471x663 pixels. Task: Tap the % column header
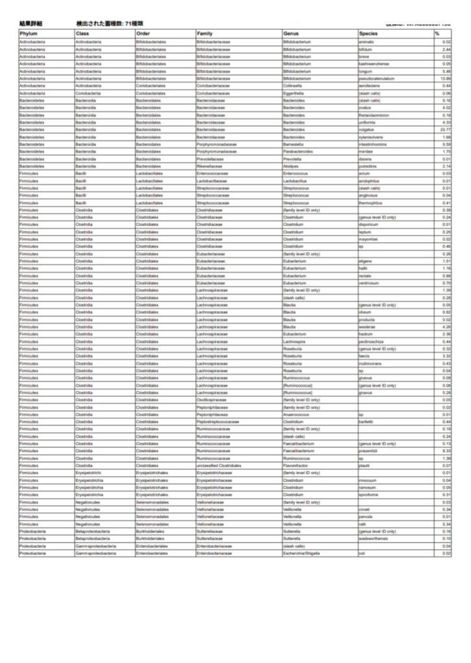coord(437,33)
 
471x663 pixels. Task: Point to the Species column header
coord(369,33)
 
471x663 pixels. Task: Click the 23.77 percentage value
coord(445,129)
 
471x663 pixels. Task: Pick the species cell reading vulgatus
coord(367,129)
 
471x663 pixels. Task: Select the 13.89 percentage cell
coord(445,78)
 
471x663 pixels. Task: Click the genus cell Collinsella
coord(295,85)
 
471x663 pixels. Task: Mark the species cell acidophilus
coord(369,181)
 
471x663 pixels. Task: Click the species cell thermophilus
coord(371,203)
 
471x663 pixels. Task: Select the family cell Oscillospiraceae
coord(212,399)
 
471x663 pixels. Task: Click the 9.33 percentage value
coord(446,451)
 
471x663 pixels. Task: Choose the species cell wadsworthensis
coord(374,539)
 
